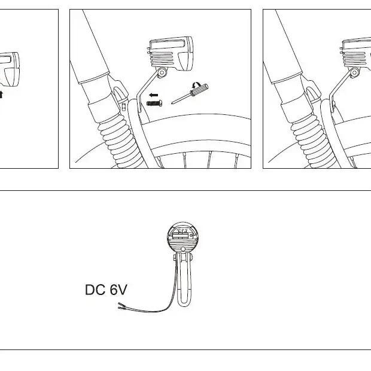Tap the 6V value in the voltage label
(x=118, y=290)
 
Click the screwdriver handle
(x=199, y=90)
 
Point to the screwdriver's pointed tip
(x=172, y=104)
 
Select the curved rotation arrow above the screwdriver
(x=197, y=85)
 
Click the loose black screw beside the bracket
(x=154, y=103)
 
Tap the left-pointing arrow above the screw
(x=154, y=95)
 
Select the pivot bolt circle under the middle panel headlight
(x=162, y=72)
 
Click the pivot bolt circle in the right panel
(x=355, y=72)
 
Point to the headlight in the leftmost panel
(x=10, y=69)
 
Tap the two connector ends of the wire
(x=122, y=306)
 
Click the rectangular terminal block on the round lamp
(x=181, y=236)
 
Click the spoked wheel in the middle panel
(x=166, y=142)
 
